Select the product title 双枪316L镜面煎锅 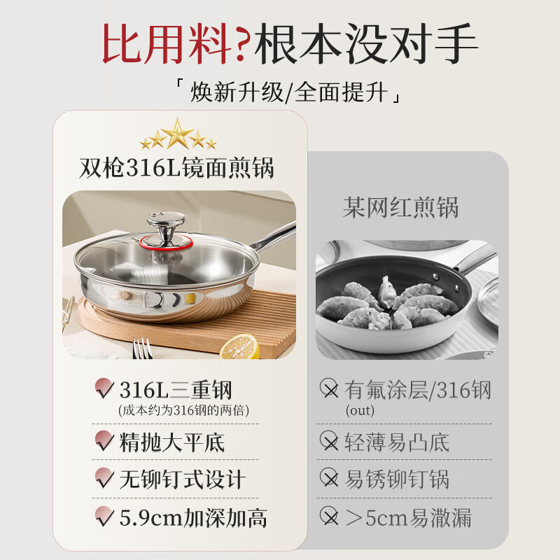point(178,168)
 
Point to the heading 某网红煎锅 point(400,208)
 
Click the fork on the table point(142,348)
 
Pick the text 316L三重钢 point(175,389)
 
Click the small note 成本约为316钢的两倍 point(183,410)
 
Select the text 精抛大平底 point(171,442)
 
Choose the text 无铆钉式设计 point(182,479)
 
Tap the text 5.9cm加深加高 point(192,518)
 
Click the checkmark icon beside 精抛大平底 point(104,442)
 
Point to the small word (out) point(360,410)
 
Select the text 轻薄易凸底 point(397,442)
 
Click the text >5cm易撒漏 point(408,518)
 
